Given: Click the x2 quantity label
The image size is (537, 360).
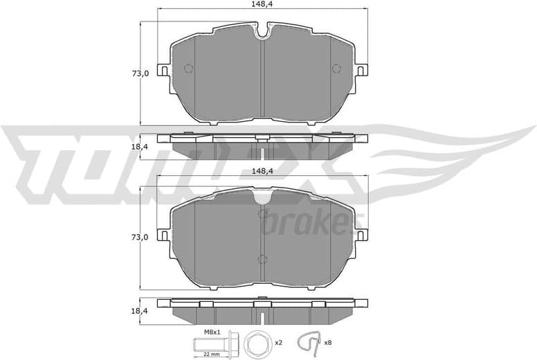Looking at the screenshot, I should pos(277,343).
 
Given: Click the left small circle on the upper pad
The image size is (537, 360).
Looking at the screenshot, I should pos(188,68).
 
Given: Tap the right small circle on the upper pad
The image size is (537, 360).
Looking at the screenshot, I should pos(336,68).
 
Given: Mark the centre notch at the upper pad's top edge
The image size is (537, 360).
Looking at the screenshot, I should pos(262,32).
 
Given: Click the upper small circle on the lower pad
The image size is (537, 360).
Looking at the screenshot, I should pos(262,214).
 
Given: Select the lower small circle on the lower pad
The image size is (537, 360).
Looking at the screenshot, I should pos(262,260).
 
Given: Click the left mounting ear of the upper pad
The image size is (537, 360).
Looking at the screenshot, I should pos(164,70).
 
